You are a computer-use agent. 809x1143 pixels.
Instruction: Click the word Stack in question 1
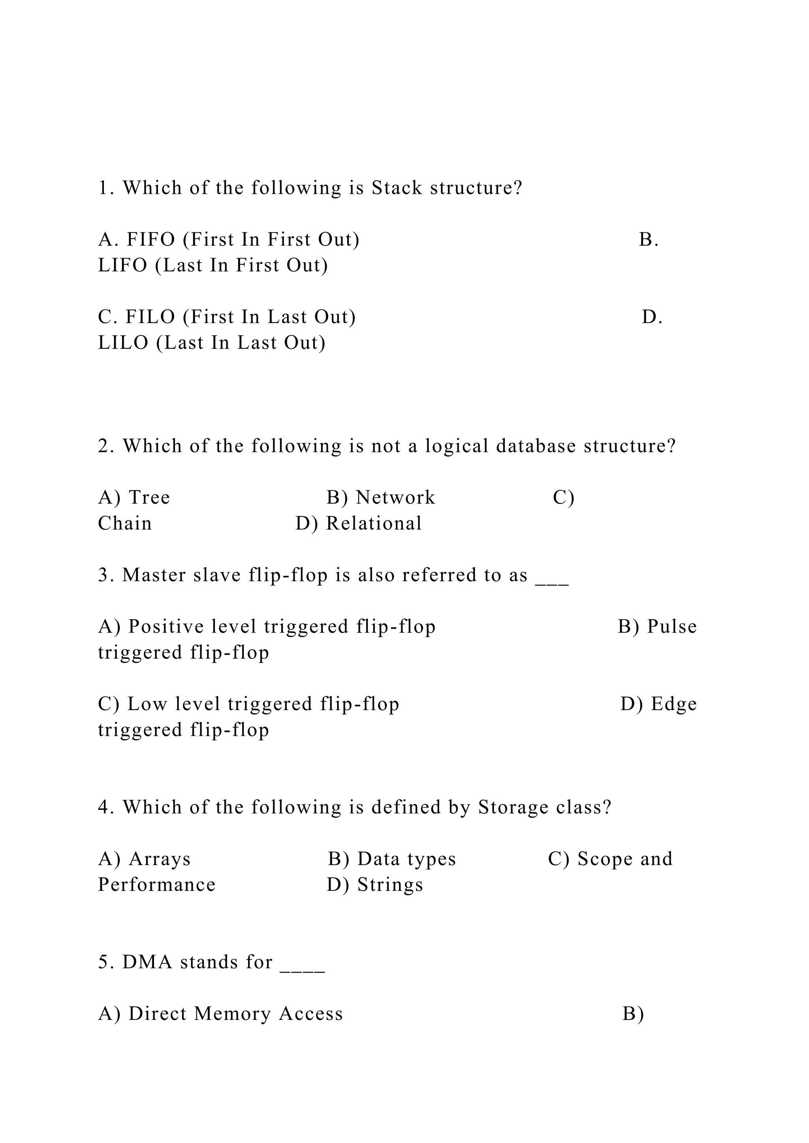[x=397, y=188]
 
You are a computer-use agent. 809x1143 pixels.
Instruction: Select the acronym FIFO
[x=151, y=240]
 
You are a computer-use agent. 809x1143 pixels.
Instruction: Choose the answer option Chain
[x=125, y=524]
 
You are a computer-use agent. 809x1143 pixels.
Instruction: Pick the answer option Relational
[x=374, y=524]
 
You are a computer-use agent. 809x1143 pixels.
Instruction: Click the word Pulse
[x=672, y=627]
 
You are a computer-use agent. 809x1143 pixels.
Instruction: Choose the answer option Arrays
[x=160, y=859]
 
